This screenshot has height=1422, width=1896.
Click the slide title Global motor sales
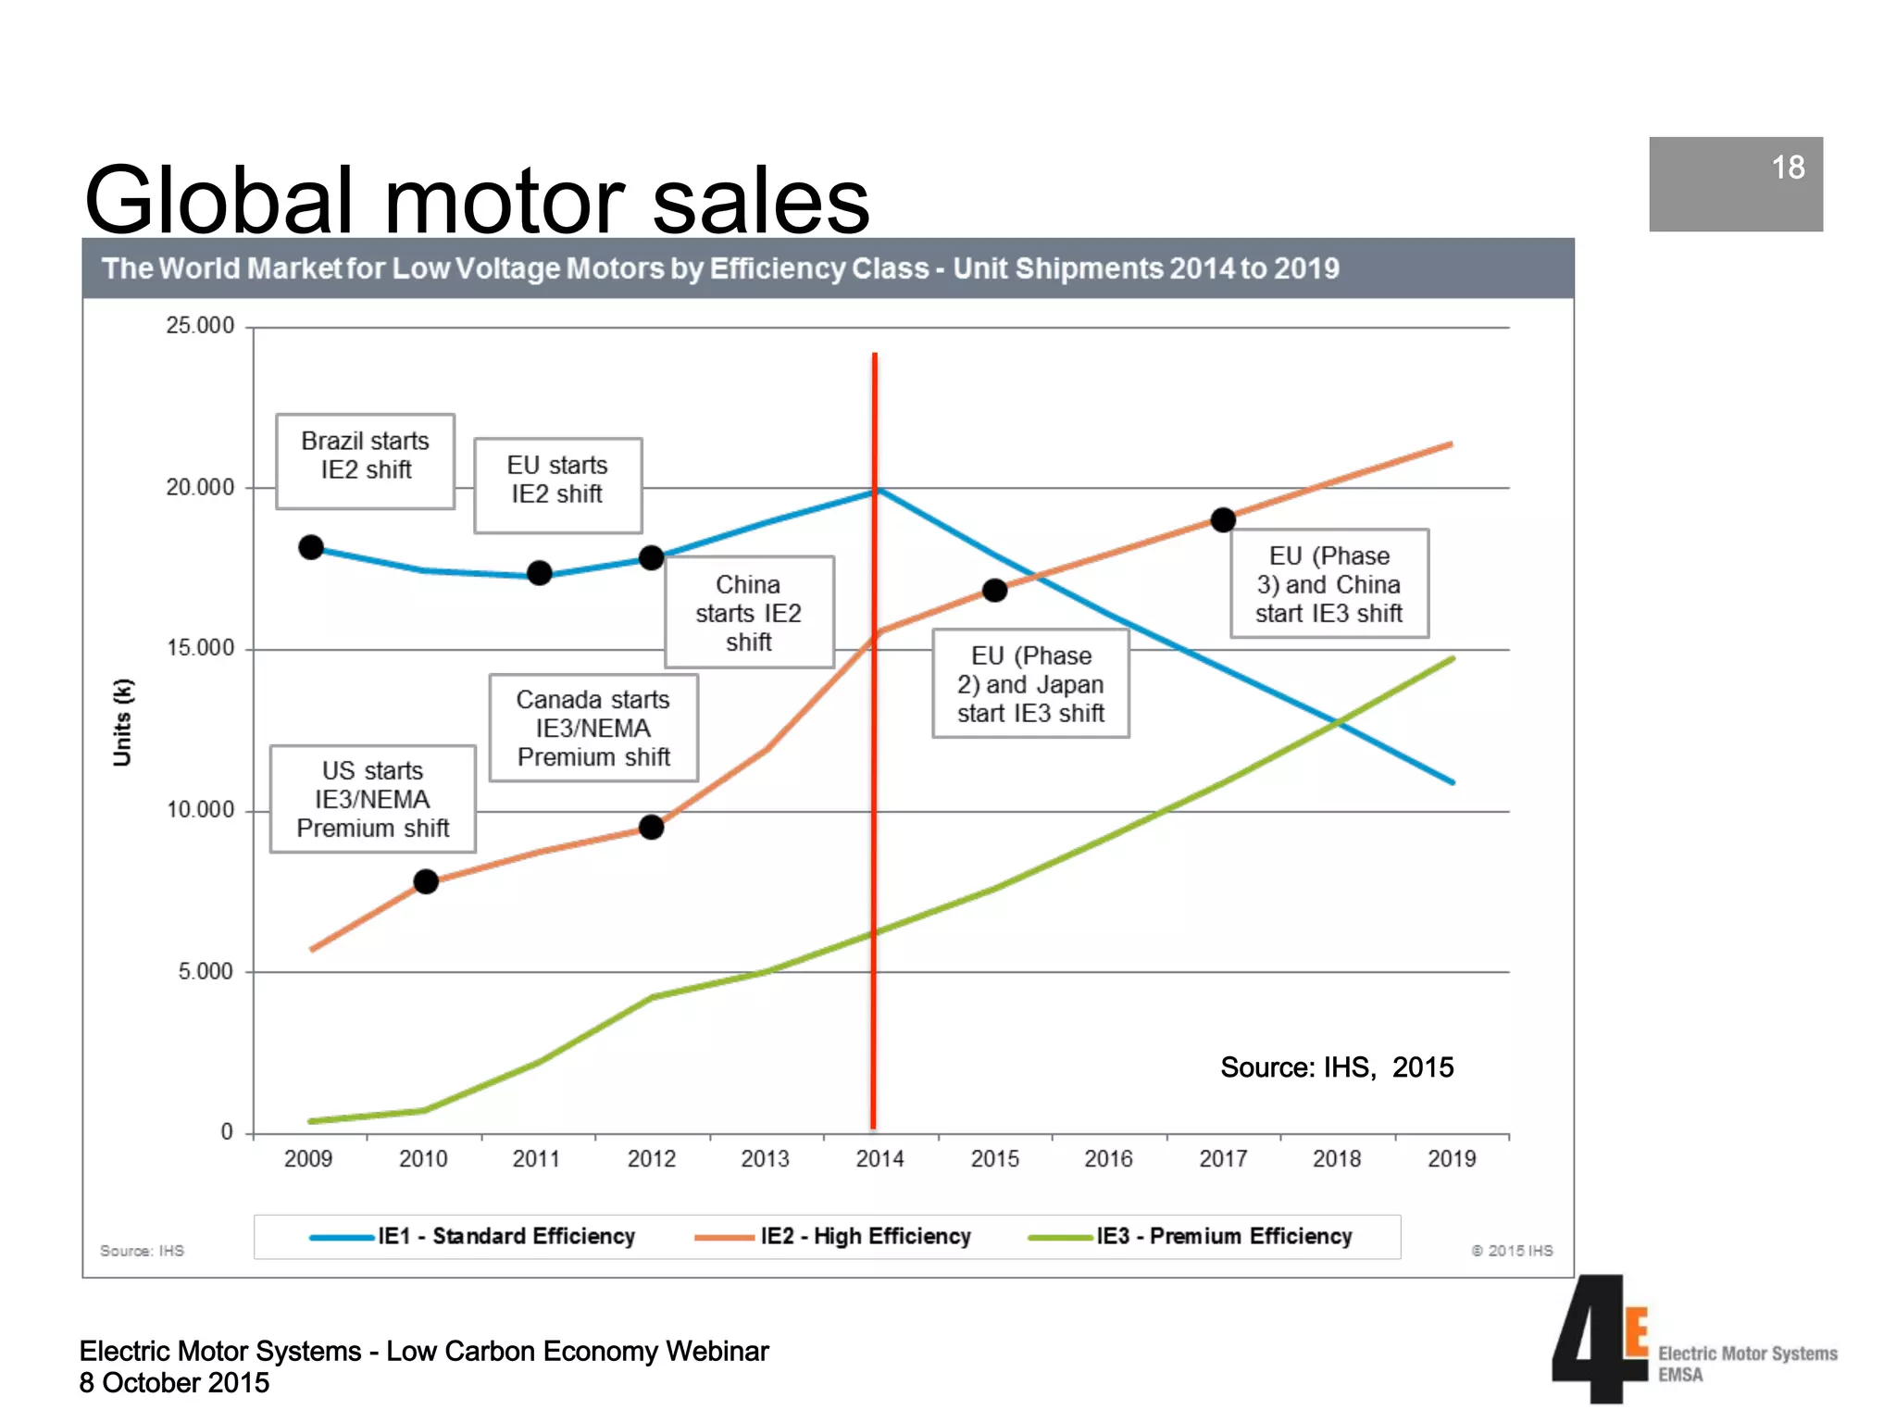(x=476, y=199)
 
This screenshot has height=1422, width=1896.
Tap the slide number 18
(x=1787, y=168)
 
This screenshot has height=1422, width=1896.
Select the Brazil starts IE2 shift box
(x=365, y=460)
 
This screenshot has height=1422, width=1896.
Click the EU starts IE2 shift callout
(x=557, y=484)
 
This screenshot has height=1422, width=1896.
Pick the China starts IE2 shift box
(x=748, y=612)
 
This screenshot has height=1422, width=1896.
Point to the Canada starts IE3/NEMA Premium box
(x=592, y=728)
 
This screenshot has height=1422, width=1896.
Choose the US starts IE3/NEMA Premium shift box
(x=372, y=798)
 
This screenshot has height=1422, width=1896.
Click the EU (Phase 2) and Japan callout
(x=1029, y=683)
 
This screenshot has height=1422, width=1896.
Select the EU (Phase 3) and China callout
(x=1328, y=583)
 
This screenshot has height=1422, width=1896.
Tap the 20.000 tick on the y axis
(x=200, y=487)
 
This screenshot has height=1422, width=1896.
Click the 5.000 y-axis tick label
(x=206, y=971)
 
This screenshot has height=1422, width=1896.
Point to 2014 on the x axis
(x=879, y=1158)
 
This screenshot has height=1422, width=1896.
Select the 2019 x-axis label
(x=1451, y=1158)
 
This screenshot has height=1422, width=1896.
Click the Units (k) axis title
(x=122, y=722)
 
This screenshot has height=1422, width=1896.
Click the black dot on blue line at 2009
(x=311, y=547)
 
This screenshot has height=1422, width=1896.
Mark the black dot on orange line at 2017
(x=1223, y=520)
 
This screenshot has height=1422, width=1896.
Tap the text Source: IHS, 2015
(x=1336, y=1067)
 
